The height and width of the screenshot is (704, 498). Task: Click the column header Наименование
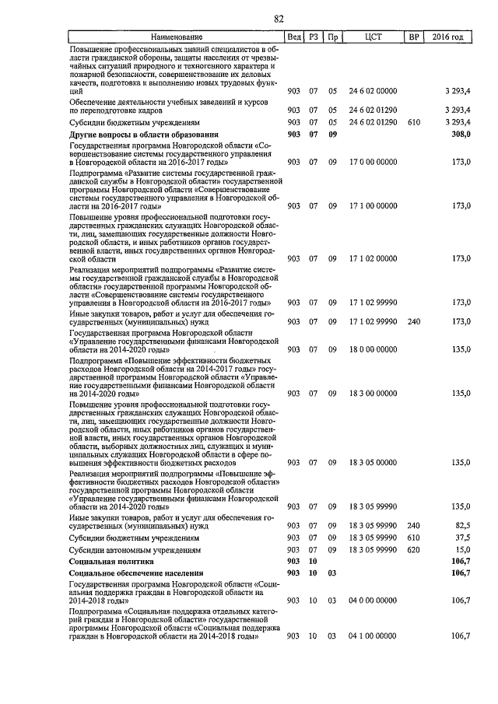176,37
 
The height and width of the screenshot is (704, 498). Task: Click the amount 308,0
462,135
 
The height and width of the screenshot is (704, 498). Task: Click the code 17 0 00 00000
372,161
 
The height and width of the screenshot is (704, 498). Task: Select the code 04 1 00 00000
372,636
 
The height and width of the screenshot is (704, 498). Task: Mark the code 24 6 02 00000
372,91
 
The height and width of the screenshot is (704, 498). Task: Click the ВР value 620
413,549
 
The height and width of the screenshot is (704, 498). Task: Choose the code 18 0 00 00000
372,349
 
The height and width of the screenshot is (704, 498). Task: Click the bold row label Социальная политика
111,561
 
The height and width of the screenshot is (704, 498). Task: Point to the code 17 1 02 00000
372,257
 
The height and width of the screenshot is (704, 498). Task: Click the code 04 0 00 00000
372,600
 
